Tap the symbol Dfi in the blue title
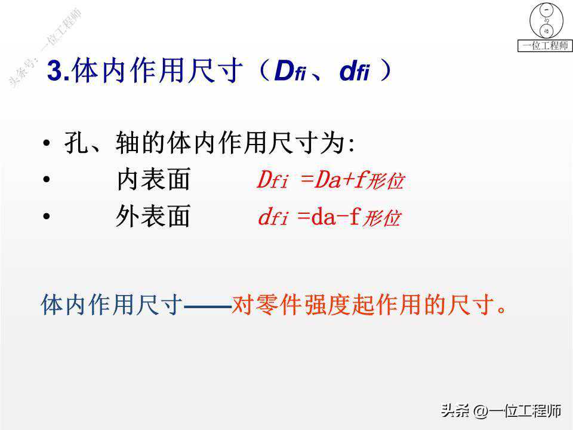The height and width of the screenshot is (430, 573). click(x=290, y=70)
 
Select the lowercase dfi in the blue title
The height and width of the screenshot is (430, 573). click(x=354, y=70)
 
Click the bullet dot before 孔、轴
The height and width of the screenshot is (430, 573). click(x=46, y=143)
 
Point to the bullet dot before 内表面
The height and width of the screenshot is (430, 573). click(x=46, y=179)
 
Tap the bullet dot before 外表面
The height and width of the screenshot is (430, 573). click(x=46, y=216)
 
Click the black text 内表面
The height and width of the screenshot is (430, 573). click(x=153, y=179)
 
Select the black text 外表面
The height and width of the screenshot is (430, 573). click(x=153, y=216)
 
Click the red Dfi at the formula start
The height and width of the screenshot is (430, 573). click(x=273, y=180)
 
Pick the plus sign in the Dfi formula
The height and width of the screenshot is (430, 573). click(x=347, y=180)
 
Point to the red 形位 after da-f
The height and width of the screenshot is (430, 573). click(x=382, y=219)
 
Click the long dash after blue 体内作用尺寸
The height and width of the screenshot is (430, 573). click(x=208, y=308)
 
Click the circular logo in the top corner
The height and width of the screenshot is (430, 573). click(x=546, y=21)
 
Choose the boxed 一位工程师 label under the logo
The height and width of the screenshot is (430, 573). click(x=545, y=46)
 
